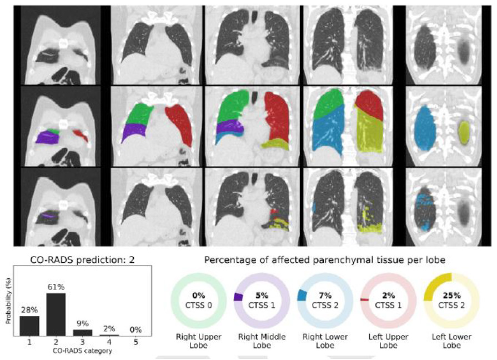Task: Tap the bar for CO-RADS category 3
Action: click(x=83, y=332)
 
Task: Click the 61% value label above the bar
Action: click(x=56, y=287)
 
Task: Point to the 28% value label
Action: click(x=29, y=311)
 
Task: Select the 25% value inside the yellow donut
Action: click(x=452, y=295)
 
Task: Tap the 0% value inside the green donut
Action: click(x=198, y=295)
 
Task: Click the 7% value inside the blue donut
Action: click(x=325, y=295)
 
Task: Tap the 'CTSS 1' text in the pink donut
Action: click(x=389, y=305)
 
